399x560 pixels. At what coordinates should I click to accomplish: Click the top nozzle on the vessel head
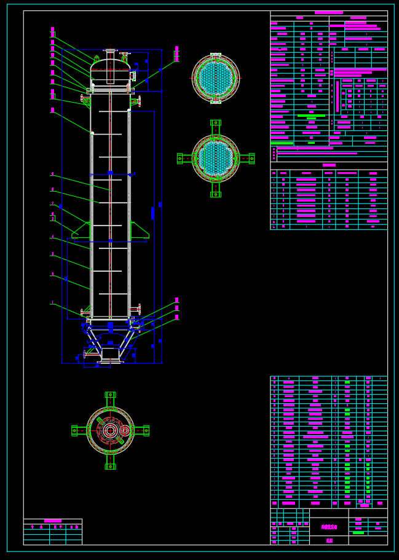point(110,51)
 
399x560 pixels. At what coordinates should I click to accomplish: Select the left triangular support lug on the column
point(81,231)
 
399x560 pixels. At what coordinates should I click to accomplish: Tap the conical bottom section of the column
point(110,341)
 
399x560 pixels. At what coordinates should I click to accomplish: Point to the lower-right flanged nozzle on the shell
point(136,309)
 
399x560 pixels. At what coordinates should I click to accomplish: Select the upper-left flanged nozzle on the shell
point(85,98)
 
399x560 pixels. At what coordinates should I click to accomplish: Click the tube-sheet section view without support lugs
point(216,78)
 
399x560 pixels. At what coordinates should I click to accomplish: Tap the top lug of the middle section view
point(216,124)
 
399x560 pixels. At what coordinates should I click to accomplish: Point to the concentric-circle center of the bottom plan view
point(111,430)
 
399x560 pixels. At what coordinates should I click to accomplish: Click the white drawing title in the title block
point(329,527)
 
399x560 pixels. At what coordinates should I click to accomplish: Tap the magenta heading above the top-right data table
point(328,12)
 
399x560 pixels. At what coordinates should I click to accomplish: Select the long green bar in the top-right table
point(311,116)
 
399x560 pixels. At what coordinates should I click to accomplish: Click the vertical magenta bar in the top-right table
point(338,95)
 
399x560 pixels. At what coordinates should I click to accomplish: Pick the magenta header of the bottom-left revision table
point(53,521)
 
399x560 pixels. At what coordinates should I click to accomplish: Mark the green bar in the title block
point(358,533)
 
